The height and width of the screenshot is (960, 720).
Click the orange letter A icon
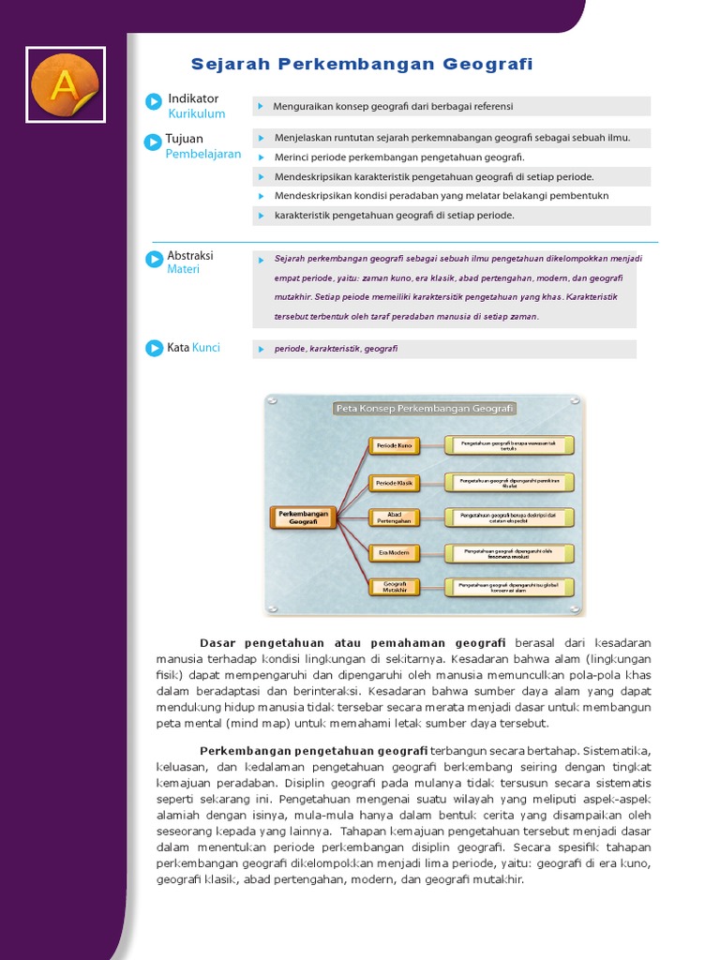click(65, 84)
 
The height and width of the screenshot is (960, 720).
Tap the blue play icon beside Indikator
click(154, 101)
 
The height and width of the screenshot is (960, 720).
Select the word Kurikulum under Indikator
click(197, 114)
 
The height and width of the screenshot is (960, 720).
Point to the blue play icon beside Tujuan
click(152, 142)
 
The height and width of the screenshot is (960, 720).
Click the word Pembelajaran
click(203, 155)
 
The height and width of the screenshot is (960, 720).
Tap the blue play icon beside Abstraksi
click(154, 260)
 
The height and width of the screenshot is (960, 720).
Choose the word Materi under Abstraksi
click(183, 269)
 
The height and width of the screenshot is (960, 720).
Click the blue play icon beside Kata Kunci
click(154, 348)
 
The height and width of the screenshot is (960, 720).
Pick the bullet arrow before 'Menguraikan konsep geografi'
click(262, 107)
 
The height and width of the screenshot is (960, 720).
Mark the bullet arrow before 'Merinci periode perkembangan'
click(262, 157)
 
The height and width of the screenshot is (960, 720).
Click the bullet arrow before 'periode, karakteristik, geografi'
click(262, 349)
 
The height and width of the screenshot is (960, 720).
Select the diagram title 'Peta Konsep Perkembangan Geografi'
click(425, 409)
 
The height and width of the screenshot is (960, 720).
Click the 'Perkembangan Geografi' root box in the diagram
click(303, 517)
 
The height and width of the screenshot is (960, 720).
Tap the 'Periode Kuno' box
click(394, 445)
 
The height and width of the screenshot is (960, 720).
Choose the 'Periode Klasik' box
click(394, 483)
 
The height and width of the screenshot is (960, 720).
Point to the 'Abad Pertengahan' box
click(394, 517)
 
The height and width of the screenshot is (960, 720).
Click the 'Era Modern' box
click(394, 553)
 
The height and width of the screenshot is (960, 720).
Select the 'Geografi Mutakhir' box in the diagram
click(394, 588)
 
